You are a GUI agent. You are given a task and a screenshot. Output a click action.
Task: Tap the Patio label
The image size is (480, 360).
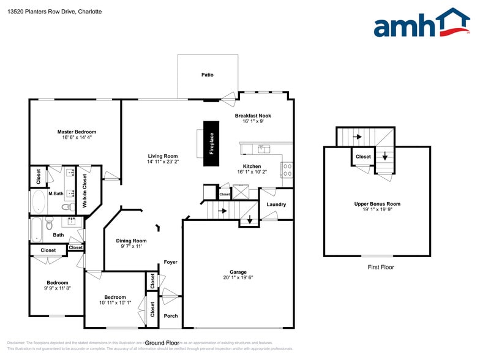click(208, 75)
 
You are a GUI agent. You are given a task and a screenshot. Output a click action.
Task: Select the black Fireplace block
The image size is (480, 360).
click(211, 143)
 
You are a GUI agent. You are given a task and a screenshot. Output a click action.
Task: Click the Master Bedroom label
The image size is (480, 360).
click(77, 132)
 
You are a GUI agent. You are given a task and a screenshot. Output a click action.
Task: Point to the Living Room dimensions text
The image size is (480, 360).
click(162, 162)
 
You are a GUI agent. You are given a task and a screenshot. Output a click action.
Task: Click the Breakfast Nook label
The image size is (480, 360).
click(252, 116)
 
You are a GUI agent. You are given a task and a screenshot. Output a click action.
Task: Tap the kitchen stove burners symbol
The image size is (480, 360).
click(286, 170)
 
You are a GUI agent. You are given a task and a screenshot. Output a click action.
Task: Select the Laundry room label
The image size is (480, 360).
click(276, 204)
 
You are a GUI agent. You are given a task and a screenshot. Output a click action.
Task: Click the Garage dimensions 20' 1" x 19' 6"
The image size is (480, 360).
click(238, 277)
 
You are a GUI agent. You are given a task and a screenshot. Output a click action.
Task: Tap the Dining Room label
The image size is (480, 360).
click(131, 241)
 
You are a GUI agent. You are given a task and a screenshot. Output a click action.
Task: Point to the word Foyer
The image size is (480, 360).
click(170, 262)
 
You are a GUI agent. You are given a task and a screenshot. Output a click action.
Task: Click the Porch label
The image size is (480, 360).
click(171, 316)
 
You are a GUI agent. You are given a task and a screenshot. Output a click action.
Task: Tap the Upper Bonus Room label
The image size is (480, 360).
click(377, 204)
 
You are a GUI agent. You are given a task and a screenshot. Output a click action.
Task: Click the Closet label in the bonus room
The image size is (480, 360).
click(363, 157)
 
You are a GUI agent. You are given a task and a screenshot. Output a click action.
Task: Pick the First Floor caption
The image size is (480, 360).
click(380, 267)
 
